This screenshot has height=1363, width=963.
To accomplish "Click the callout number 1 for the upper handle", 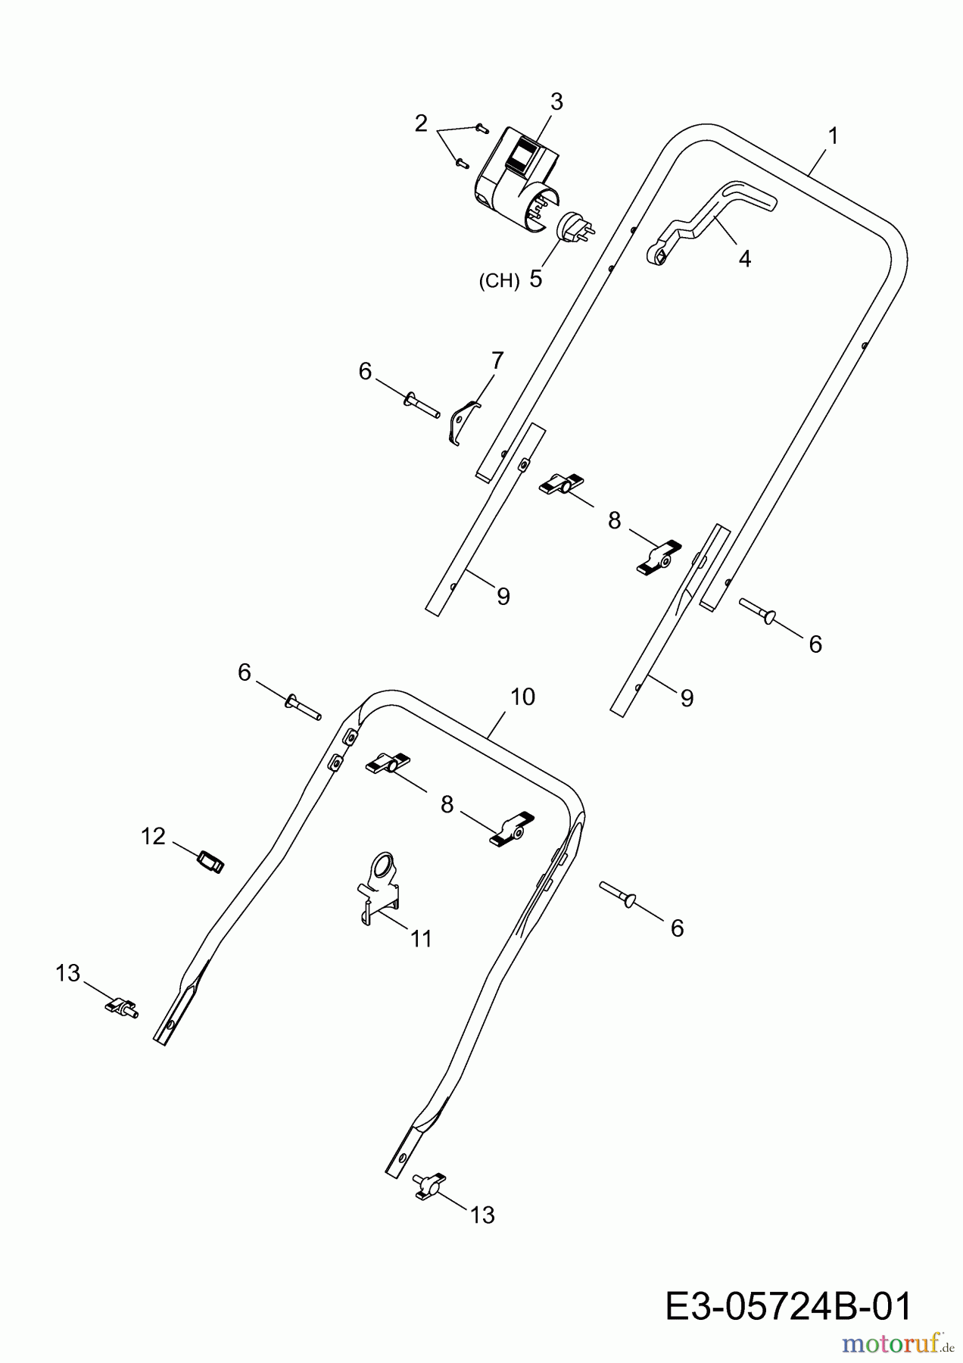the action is point(833,136).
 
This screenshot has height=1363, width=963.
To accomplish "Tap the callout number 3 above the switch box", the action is point(556,101).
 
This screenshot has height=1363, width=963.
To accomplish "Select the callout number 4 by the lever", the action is point(745,258).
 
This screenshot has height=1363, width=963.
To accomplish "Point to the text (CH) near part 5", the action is point(499,281).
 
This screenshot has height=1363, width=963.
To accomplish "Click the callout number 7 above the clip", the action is point(497,360).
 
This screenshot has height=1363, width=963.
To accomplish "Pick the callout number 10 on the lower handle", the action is point(523,697).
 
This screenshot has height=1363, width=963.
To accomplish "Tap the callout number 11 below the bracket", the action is point(421,939).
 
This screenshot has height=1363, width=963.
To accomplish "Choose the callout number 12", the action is point(153,836).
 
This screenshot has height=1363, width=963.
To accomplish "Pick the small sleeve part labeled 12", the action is point(210,862).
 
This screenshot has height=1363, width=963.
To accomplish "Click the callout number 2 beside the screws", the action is point(421,123).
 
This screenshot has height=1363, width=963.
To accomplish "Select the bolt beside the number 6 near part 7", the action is point(423,404).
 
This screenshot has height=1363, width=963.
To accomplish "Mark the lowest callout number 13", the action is point(482,1215).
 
